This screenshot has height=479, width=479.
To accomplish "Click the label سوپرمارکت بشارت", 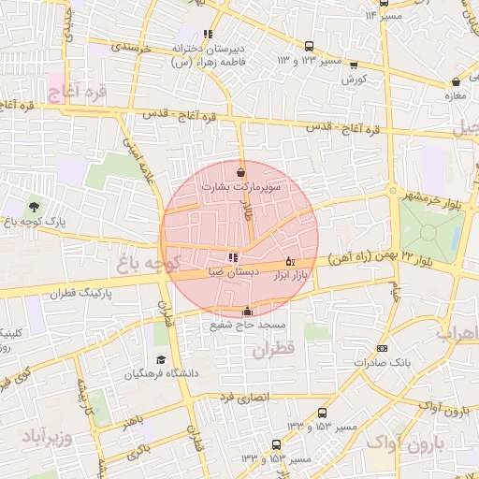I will pyautogui.click(x=268, y=187).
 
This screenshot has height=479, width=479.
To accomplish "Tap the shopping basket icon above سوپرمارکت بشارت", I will pyautogui.click(x=242, y=172).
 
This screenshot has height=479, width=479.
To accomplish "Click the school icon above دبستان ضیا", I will pyautogui.click(x=232, y=257).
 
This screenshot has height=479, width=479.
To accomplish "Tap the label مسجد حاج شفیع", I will pyautogui.click(x=247, y=325).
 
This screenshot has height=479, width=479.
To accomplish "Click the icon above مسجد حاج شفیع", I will pyautogui.click(x=247, y=312).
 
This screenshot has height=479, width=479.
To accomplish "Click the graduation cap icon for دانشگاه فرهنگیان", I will pyautogui.click(x=160, y=360).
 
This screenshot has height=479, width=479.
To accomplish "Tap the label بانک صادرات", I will pyautogui.click(x=385, y=361).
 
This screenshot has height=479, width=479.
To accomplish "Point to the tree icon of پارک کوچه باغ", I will pyautogui.click(x=35, y=206).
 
